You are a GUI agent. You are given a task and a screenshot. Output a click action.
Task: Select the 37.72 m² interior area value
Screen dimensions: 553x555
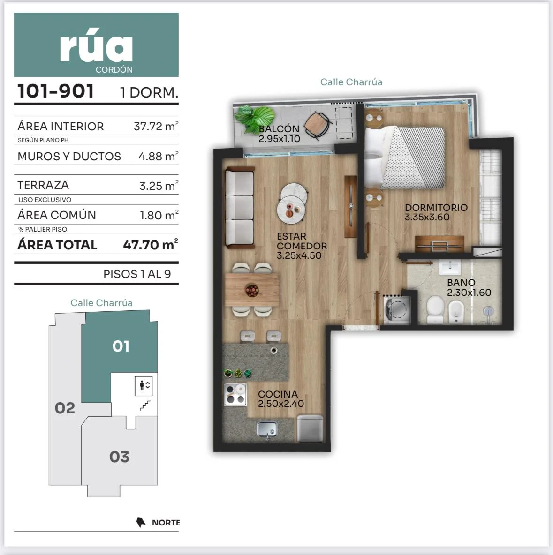(156, 126)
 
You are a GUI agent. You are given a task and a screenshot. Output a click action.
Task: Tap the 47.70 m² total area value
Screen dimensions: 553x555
(151, 244)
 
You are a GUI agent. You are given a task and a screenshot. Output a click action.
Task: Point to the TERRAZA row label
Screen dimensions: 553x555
(43, 185)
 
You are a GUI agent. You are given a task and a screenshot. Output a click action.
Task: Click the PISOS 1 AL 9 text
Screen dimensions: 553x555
(137, 274)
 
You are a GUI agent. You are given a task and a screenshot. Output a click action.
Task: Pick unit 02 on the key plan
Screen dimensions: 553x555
(65, 408)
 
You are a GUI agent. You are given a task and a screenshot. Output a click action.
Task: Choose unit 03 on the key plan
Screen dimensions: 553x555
(120, 457)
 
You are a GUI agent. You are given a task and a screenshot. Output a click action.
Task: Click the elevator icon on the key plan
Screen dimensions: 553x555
(144, 386)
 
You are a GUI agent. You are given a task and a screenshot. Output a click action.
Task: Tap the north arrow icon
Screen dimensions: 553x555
(141, 523)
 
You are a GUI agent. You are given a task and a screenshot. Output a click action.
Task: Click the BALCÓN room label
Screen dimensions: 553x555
(279, 129)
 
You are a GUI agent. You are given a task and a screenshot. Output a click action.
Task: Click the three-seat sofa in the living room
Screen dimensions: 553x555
(240, 207)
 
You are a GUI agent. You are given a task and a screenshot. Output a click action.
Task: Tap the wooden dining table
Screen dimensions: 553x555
(252, 290)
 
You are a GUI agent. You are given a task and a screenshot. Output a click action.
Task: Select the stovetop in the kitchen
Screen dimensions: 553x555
(235, 395)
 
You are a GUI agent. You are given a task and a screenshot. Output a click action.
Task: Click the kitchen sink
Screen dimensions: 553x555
(267, 429)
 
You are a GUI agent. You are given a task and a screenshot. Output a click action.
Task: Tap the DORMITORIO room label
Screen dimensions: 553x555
(436, 207)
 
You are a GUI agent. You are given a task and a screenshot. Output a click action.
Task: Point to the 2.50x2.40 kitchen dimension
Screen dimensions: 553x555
(280, 404)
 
